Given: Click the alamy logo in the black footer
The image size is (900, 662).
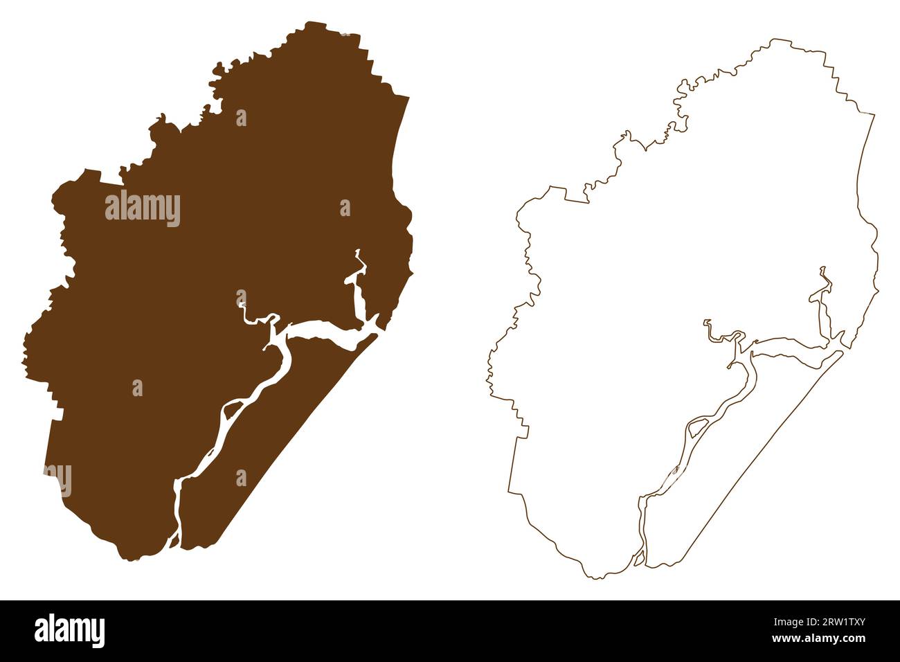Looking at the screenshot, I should tap(69, 631).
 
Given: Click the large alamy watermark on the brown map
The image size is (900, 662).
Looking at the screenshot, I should tap(143, 209).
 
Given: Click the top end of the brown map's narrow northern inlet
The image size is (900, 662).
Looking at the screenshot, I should tap(358, 251).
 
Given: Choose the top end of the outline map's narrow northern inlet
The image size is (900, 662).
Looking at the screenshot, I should tap(822, 267).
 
